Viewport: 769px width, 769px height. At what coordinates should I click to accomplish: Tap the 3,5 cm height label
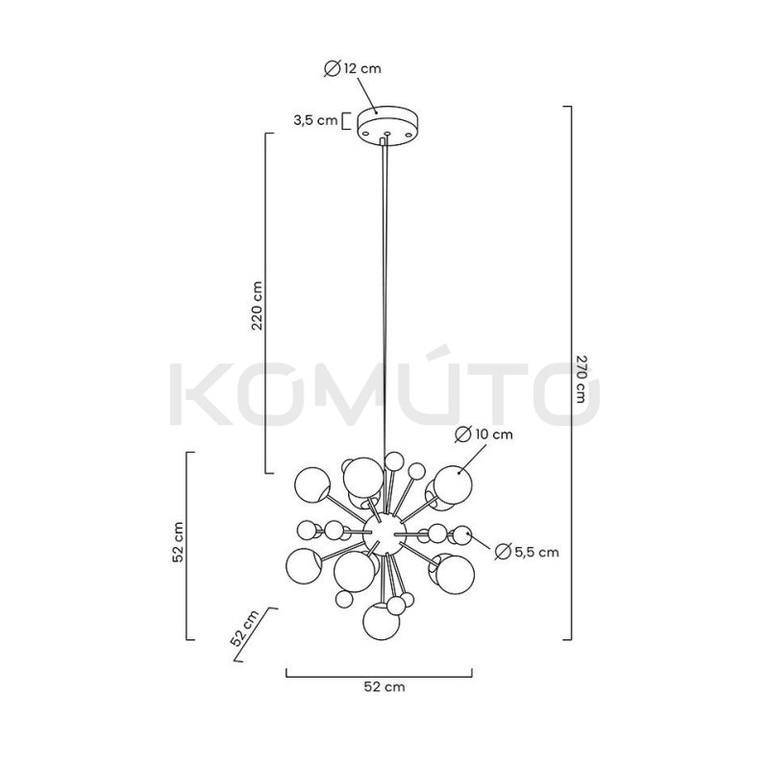coord(315,120)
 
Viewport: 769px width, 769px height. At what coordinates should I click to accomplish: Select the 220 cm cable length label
coord(257,307)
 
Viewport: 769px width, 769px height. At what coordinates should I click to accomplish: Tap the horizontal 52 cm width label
coord(383,687)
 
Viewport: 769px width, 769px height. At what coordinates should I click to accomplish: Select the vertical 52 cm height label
coord(178,545)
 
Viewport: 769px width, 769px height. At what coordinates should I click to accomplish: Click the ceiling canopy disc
coord(385,125)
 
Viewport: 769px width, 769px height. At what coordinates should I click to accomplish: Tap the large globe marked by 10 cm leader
coord(449,481)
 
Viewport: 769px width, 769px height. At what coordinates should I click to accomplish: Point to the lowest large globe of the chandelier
coord(381,622)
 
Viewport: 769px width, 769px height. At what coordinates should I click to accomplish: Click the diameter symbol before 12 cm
coord(332,68)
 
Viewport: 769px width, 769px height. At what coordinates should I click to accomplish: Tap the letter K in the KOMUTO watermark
coord(195,393)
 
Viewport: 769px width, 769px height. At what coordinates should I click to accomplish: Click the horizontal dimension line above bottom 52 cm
coord(383,673)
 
